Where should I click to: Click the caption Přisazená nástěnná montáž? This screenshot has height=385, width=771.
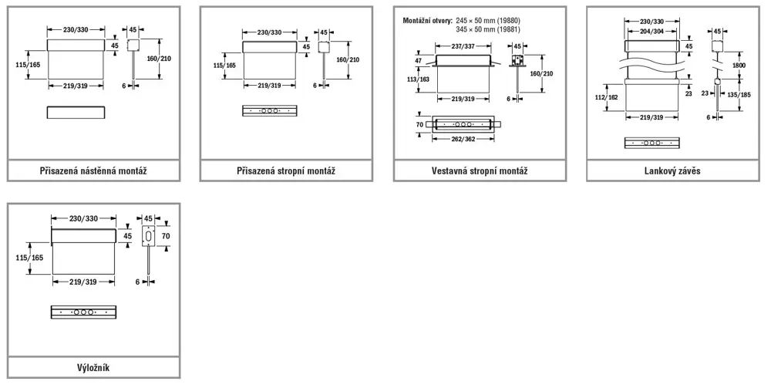pos(93,171)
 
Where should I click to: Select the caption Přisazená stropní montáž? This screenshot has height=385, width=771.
pos(286,171)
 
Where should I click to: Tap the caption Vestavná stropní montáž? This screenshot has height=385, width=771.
pos(479,171)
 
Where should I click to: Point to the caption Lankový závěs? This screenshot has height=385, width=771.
pos(672,171)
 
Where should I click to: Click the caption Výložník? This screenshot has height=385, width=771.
pos(93,367)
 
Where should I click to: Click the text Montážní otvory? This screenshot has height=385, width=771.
pos(427,19)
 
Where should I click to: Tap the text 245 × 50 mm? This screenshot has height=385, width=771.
pos(477,19)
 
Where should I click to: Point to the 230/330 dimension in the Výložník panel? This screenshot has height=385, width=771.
pos(84,219)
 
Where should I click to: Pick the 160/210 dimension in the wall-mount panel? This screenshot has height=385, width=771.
pos(170,59)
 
